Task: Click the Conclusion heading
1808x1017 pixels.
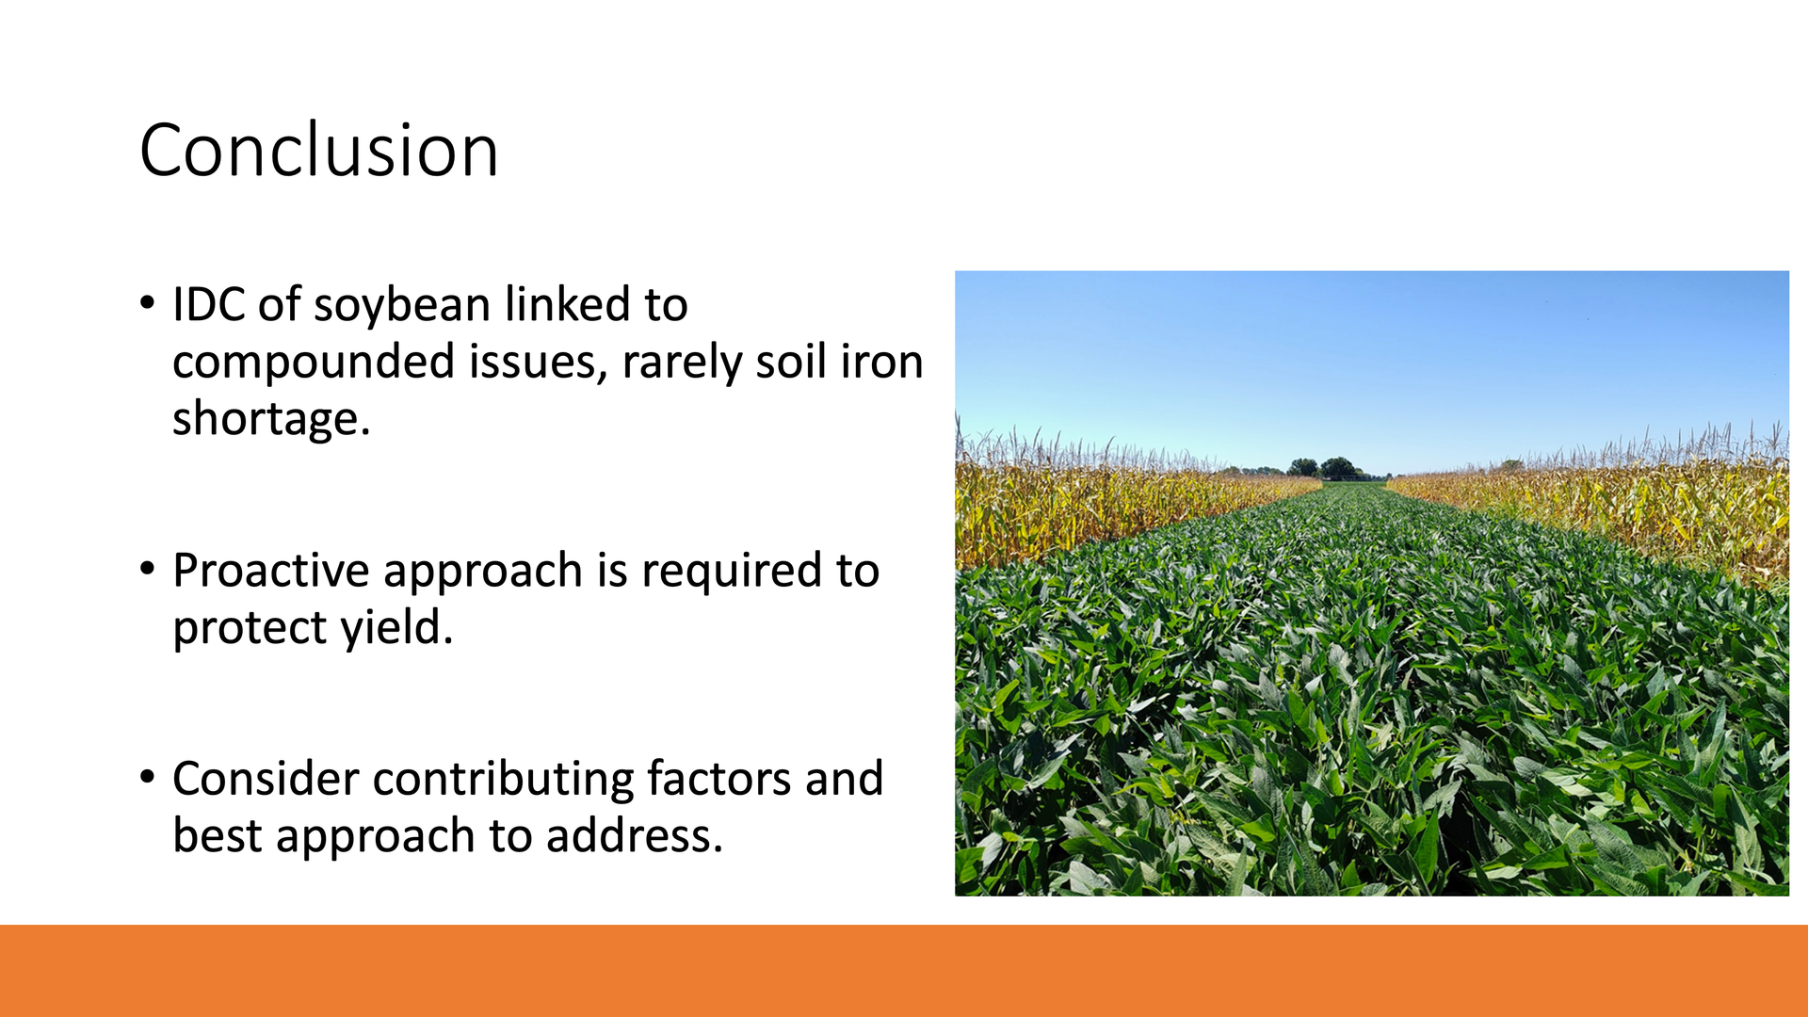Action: click(x=318, y=151)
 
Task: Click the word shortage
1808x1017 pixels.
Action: click(x=271, y=420)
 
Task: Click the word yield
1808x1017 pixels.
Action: click(x=397, y=628)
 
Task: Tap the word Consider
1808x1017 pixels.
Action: click(x=266, y=780)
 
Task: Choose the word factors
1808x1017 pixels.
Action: click(x=718, y=780)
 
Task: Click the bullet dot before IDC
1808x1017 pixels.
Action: click(x=147, y=303)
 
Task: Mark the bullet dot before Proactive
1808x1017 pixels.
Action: click(x=147, y=569)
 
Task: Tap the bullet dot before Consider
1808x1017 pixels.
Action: click(x=147, y=778)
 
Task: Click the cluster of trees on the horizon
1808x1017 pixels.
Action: click(x=1323, y=468)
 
